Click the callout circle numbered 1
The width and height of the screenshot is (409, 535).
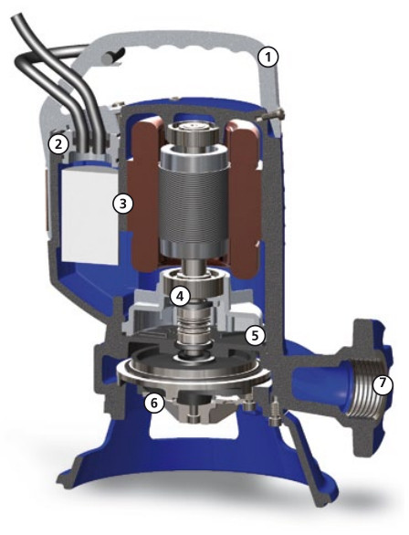pos(268,58)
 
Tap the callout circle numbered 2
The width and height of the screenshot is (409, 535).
pos(58,144)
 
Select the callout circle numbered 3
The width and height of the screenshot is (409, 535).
pos(123,204)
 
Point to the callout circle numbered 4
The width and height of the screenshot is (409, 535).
pos(180,296)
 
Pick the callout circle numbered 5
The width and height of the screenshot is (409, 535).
pos(256,335)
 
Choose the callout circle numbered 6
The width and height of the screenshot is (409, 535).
pos(154,403)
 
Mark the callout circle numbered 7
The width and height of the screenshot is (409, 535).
pos(383,383)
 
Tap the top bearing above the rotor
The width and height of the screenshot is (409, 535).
pos(193,132)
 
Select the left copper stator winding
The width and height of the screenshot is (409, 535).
pos(144,194)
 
